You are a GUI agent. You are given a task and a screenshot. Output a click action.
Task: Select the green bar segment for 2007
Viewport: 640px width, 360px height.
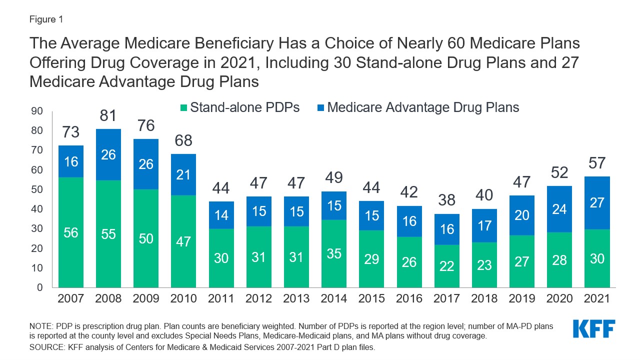point(70,232)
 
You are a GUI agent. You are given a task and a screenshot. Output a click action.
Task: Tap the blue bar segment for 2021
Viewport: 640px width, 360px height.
point(597,202)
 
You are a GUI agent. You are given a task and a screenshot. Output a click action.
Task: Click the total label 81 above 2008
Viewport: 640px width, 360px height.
point(108,115)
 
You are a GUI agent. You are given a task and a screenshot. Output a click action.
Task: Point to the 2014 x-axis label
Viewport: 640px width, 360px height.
point(334,298)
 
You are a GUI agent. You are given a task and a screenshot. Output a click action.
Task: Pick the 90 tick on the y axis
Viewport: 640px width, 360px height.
point(37,111)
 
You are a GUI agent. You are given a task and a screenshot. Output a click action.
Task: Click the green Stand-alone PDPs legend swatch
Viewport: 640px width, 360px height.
point(183,107)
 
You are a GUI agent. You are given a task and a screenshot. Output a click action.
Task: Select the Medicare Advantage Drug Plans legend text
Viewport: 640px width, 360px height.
point(423,107)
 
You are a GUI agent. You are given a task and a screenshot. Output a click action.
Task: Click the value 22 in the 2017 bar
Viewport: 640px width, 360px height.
point(446,266)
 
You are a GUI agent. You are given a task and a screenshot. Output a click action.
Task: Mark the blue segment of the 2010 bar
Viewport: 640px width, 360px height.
point(183,174)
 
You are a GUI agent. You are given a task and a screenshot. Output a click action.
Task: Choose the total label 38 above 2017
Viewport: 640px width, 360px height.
point(446,200)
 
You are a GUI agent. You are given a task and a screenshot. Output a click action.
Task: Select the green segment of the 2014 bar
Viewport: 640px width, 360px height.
point(334,253)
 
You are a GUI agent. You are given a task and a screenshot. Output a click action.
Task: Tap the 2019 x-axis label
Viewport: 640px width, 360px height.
point(521,298)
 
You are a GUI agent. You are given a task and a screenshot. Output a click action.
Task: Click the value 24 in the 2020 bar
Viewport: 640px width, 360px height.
point(559,209)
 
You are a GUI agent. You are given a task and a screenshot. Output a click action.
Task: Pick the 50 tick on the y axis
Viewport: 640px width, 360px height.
point(37,189)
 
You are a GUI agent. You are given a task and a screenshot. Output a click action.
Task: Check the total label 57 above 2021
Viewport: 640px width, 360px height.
point(597,163)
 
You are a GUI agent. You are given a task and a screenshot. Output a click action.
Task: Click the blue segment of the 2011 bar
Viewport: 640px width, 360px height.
point(221,215)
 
